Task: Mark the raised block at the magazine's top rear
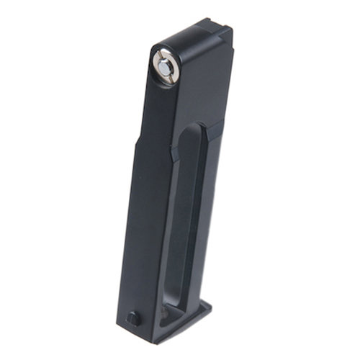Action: coord(216,32)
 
